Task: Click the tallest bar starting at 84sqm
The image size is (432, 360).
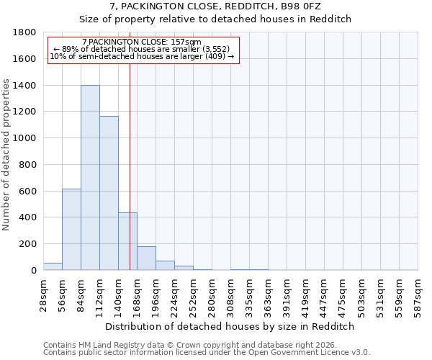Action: [x=90, y=178]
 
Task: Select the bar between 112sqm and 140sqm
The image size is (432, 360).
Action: [x=109, y=193]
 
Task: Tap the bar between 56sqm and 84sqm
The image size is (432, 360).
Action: [x=71, y=229]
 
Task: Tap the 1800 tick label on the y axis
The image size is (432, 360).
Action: [x=25, y=32]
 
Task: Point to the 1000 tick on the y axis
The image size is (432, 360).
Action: [x=25, y=138]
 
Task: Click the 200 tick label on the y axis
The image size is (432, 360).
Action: [x=28, y=244]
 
